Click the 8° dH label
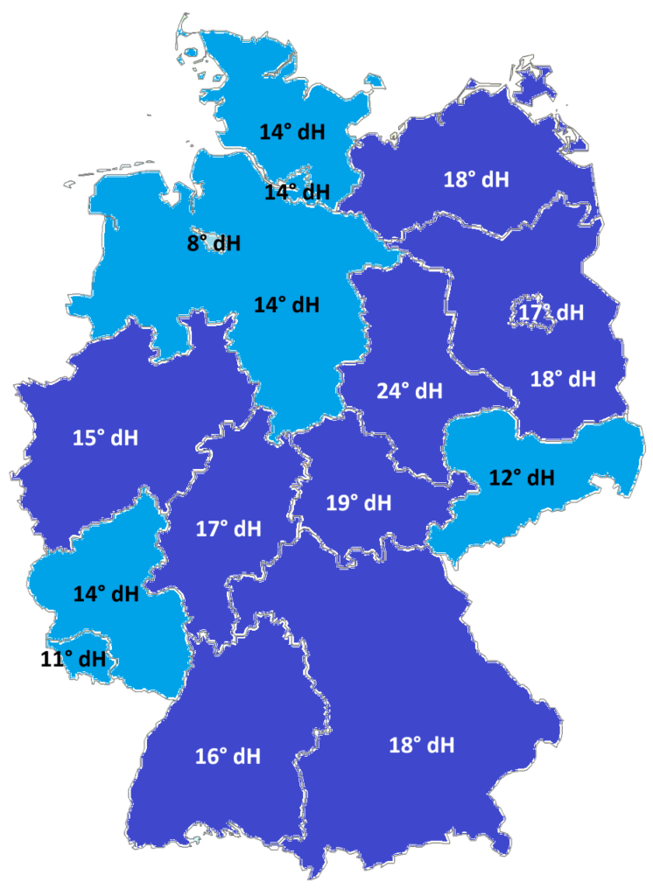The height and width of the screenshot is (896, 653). coord(214,243)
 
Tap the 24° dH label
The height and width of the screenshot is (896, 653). coord(410,390)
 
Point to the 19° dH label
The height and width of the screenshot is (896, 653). coord(360,503)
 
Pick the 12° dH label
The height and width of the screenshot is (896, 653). coord(522,478)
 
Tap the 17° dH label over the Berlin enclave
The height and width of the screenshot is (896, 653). coord(550,312)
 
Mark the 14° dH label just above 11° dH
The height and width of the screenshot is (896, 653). coord(106,594)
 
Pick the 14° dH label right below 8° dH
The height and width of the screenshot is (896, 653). coord(287,305)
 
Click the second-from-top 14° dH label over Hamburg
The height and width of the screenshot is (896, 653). coord(298,192)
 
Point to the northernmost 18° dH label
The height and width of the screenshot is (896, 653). coord(476,180)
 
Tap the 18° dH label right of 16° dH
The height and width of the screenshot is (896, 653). coord(421,745)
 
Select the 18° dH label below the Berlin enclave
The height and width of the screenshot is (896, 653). coord(563,380)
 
